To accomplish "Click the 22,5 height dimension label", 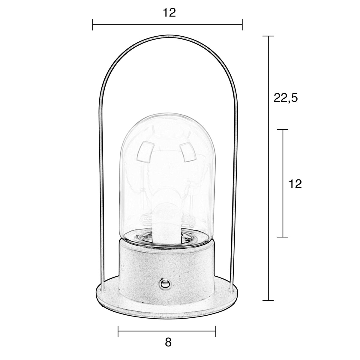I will click(285, 98).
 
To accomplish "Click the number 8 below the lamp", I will click(168, 342).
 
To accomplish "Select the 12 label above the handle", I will click(169, 13).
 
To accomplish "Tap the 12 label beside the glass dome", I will click(295, 184).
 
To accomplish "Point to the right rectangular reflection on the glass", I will click(187, 152).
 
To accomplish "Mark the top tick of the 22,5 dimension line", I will click(268, 36).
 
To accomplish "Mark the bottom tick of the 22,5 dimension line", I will click(268, 300).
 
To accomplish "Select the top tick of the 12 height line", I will click(283, 130).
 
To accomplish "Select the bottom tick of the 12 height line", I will click(283, 237).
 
